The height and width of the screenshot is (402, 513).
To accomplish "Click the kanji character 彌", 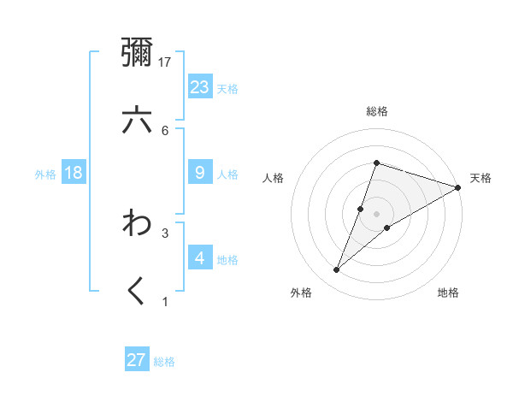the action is (x=137, y=54).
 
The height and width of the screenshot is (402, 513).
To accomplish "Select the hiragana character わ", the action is (x=137, y=224).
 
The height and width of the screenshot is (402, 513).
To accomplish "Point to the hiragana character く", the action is (x=137, y=292).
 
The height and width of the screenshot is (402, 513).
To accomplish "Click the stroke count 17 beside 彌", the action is (x=166, y=62).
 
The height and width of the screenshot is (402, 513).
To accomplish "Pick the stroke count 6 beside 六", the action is (x=165, y=130).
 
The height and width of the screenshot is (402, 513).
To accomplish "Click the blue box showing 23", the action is (x=200, y=86).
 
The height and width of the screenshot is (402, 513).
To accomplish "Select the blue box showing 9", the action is (x=200, y=173).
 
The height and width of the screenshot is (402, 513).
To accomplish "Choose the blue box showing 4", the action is (x=200, y=257).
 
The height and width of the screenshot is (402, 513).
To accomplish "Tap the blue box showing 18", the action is (x=74, y=173).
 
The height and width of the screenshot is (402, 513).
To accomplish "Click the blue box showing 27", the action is (x=137, y=359).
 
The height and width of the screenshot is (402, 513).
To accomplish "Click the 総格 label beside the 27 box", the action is (x=164, y=362).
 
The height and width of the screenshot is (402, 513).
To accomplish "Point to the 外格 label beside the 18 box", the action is (x=45, y=174).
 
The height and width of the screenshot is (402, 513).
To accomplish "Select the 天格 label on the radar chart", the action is (x=481, y=178).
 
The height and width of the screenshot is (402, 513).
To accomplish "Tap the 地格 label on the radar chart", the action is (x=448, y=293).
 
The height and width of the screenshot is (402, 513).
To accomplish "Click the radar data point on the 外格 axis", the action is (x=337, y=270).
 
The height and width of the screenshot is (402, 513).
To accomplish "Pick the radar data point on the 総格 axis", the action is (x=376, y=163).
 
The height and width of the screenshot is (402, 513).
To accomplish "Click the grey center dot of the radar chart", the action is (x=376, y=214).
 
